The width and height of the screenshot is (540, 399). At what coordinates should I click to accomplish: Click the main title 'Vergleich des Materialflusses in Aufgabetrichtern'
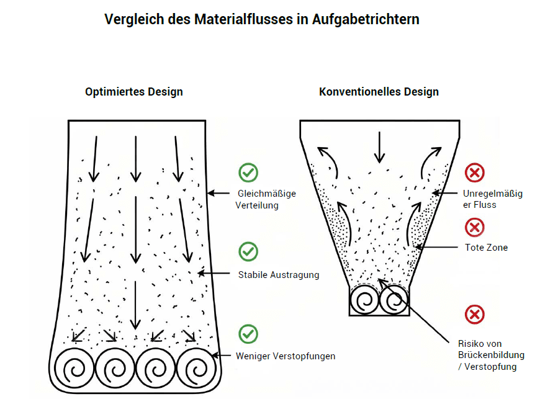(x=262, y=20)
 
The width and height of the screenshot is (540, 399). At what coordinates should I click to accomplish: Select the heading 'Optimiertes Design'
(x=134, y=92)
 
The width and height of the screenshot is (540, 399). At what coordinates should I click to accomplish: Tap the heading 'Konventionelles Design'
(x=379, y=92)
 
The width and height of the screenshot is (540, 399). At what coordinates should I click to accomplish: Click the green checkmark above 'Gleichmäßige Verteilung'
(x=248, y=173)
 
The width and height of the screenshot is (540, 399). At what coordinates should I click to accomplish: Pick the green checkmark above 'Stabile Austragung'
(x=248, y=252)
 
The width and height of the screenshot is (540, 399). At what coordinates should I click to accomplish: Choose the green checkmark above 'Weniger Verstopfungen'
(x=248, y=334)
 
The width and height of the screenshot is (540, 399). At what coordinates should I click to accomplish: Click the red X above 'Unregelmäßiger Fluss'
(x=475, y=173)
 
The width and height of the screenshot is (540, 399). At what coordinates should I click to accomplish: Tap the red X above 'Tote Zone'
(x=475, y=227)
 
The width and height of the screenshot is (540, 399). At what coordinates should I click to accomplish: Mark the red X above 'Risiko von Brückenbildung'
(x=475, y=315)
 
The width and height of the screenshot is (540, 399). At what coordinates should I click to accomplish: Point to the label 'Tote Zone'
(x=486, y=248)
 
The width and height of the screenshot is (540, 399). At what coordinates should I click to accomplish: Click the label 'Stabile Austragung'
(x=279, y=275)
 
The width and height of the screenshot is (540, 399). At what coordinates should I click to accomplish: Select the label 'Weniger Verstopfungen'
(x=286, y=356)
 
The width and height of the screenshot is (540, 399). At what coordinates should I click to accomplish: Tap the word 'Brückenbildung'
(x=491, y=355)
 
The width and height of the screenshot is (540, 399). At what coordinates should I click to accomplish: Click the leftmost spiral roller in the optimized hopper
(x=74, y=369)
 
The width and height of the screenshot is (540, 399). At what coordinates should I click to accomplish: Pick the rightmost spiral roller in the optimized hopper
(x=196, y=369)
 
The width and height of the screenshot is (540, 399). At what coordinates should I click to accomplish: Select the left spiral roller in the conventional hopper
(x=364, y=300)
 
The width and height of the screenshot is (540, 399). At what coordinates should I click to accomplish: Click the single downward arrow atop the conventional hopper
(x=379, y=147)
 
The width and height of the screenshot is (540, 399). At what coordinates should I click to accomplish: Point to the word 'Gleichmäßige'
(x=267, y=194)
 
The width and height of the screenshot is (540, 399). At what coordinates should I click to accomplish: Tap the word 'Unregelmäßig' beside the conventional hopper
(x=493, y=194)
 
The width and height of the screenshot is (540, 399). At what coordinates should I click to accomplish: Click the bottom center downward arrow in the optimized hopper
(x=135, y=305)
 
